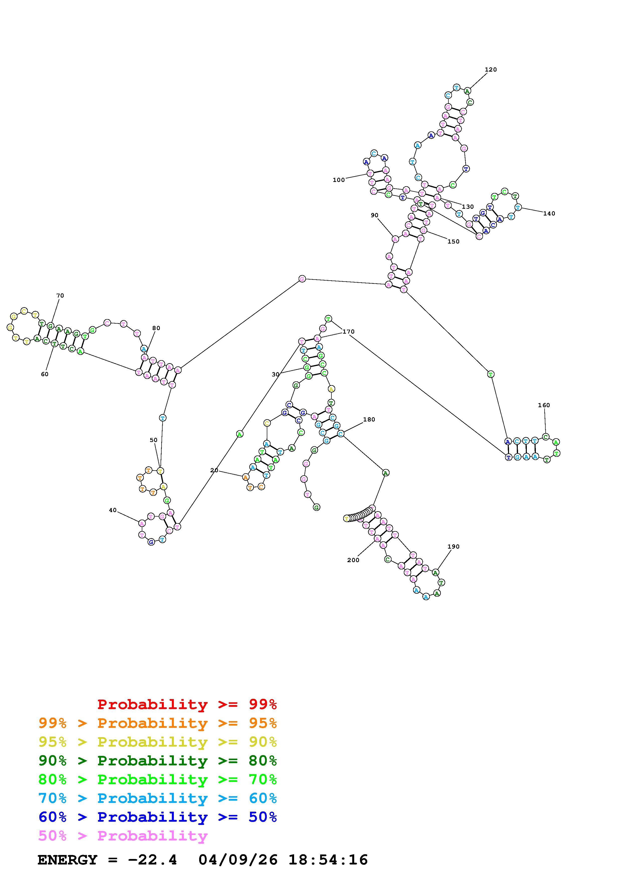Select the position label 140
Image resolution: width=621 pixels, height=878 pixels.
549,213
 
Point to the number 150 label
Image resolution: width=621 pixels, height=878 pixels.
453,241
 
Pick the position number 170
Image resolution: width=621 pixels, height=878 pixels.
348,332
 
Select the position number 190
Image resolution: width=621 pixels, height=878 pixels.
453,546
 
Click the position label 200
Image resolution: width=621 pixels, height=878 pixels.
353,560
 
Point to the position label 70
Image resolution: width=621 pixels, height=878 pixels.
60,296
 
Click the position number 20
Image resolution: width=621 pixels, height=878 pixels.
214,470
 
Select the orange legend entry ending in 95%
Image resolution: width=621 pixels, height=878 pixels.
158,723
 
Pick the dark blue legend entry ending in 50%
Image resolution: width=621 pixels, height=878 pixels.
158,817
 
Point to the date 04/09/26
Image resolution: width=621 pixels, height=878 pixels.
238,860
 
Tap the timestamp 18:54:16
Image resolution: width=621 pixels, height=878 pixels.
328,860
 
